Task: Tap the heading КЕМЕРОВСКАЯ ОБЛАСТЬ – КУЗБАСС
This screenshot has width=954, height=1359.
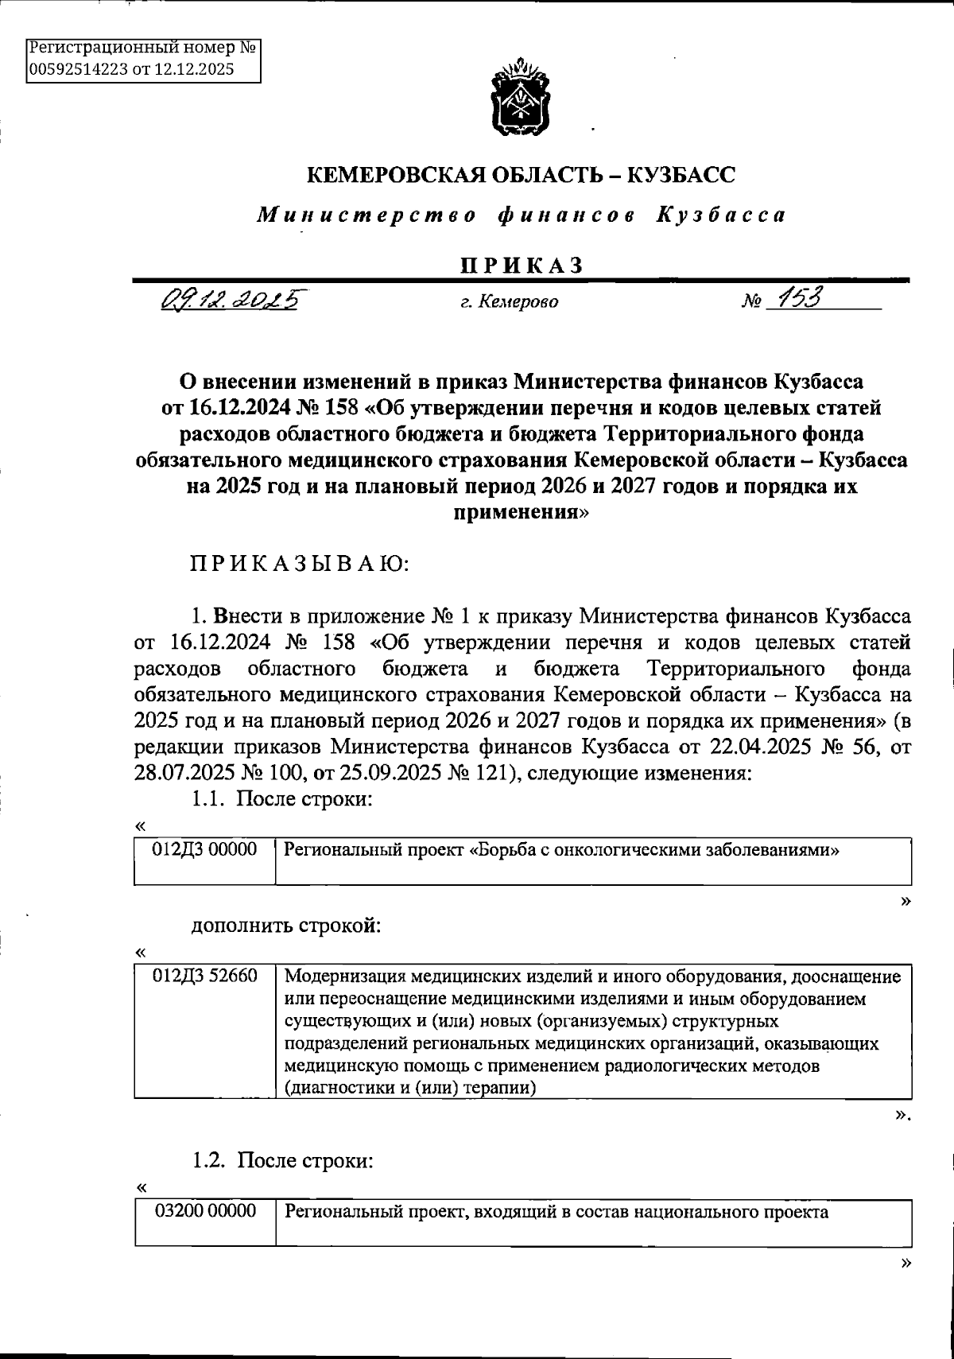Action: click(x=521, y=174)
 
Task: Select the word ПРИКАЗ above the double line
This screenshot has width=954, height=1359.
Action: click(x=522, y=266)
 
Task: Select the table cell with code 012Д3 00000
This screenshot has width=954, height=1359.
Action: click(x=205, y=849)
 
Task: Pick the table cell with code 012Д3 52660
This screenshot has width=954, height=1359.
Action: click(x=205, y=976)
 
